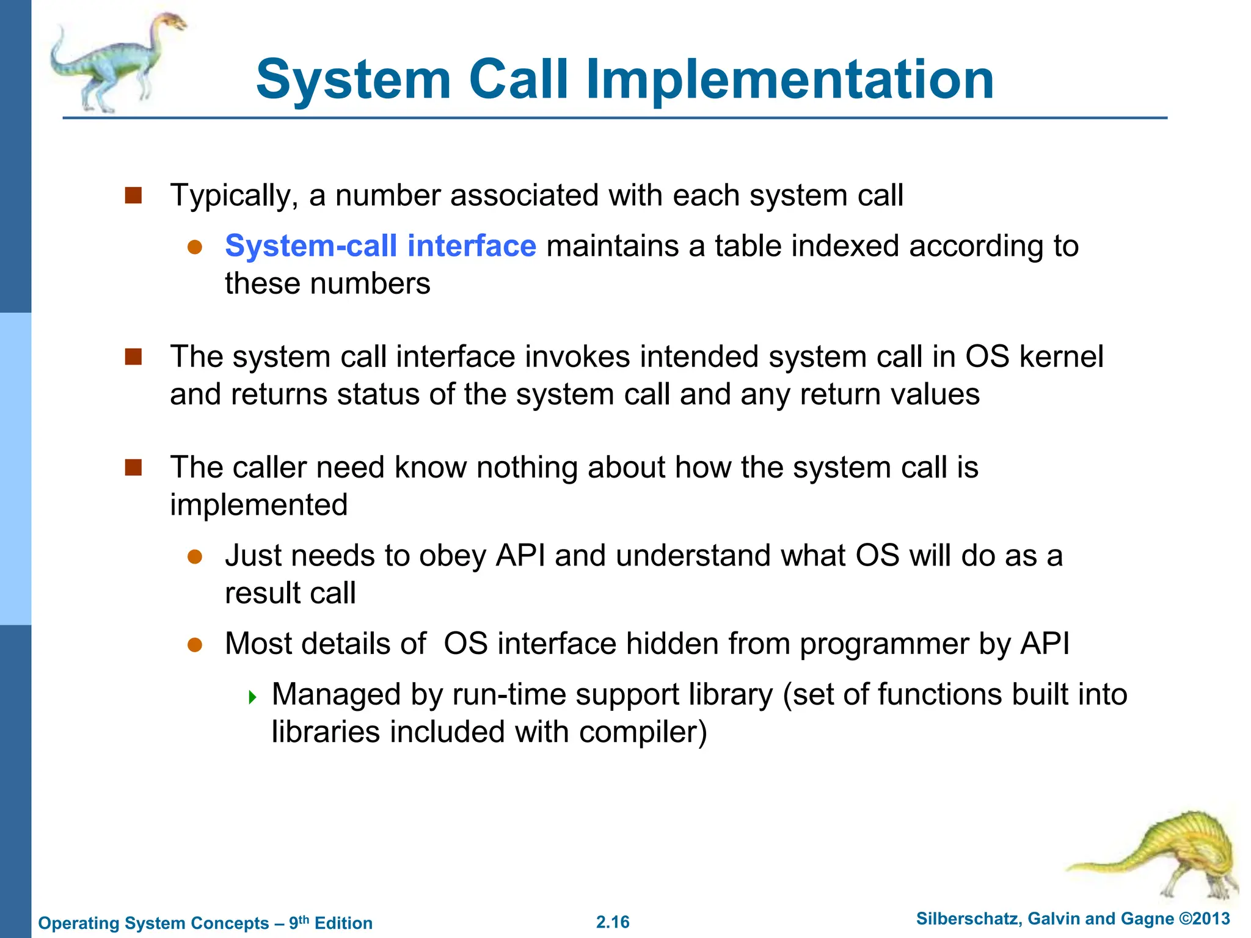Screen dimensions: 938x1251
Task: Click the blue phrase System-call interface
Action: click(380, 246)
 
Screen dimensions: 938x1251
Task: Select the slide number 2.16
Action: click(613, 922)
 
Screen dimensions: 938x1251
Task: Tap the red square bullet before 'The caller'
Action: click(133, 468)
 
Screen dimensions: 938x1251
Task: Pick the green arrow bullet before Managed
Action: click(253, 697)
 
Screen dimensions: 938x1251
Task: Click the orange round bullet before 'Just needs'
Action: click(195, 556)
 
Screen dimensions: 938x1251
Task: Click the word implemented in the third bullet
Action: click(258, 506)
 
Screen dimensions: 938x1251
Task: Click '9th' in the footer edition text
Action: click(299, 922)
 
